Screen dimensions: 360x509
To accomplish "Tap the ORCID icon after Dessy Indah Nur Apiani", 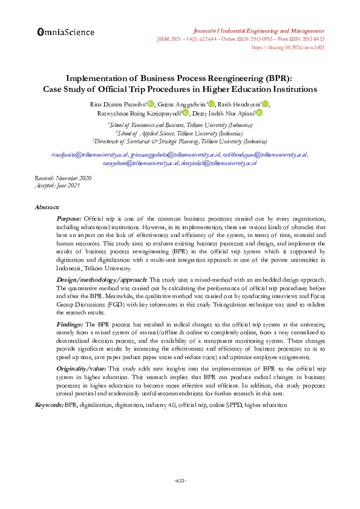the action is [259, 113].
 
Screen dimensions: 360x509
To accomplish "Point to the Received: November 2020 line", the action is [64, 178].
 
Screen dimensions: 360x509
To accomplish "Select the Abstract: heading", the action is [47, 207].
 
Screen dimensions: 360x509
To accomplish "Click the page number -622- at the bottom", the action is [180, 481].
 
